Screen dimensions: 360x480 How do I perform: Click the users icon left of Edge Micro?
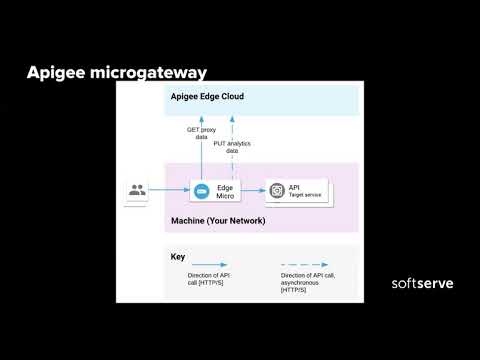click(135, 190)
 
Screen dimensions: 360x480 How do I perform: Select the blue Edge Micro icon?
click(199, 190)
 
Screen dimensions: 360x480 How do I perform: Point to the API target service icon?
click(275, 190)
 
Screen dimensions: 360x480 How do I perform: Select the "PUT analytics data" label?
click(232, 146)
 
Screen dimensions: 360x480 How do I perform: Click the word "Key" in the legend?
click(177, 257)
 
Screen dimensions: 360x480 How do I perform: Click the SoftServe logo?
click(421, 284)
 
